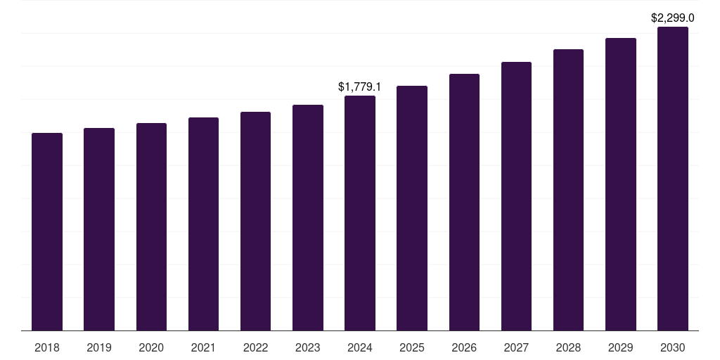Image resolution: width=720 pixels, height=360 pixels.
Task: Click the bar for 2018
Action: [x=47, y=232]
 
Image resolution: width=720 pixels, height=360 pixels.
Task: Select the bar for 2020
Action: [x=151, y=227]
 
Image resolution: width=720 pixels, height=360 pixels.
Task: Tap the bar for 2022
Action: [x=255, y=221]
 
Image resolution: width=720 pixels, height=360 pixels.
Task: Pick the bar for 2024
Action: [x=360, y=213]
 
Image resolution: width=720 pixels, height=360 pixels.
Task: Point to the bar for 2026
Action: [x=464, y=202]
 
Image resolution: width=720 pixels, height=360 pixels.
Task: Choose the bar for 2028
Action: [x=568, y=190]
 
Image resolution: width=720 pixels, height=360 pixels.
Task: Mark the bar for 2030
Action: [x=673, y=179]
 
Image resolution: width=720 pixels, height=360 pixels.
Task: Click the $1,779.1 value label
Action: [x=359, y=87]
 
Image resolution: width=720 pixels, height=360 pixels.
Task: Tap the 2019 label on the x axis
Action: [x=99, y=347]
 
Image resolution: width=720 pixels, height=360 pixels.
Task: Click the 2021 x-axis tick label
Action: [x=203, y=347]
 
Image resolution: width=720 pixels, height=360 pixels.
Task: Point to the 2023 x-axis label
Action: [x=307, y=347]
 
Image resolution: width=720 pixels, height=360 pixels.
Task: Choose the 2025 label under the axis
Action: [x=412, y=347]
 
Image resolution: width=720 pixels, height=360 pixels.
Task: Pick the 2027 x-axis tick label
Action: [x=516, y=347]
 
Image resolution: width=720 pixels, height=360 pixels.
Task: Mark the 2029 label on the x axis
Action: [x=620, y=347]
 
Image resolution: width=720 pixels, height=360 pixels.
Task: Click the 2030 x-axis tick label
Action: [x=673, y=347]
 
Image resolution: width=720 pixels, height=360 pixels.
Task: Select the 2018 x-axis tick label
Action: [x=47, y=347]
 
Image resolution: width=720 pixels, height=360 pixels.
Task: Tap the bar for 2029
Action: [x=620, y=184]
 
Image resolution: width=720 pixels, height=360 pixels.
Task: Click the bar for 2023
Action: [x=307, y=218]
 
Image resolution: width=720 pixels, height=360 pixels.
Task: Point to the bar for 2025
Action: [x=412, y=208]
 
